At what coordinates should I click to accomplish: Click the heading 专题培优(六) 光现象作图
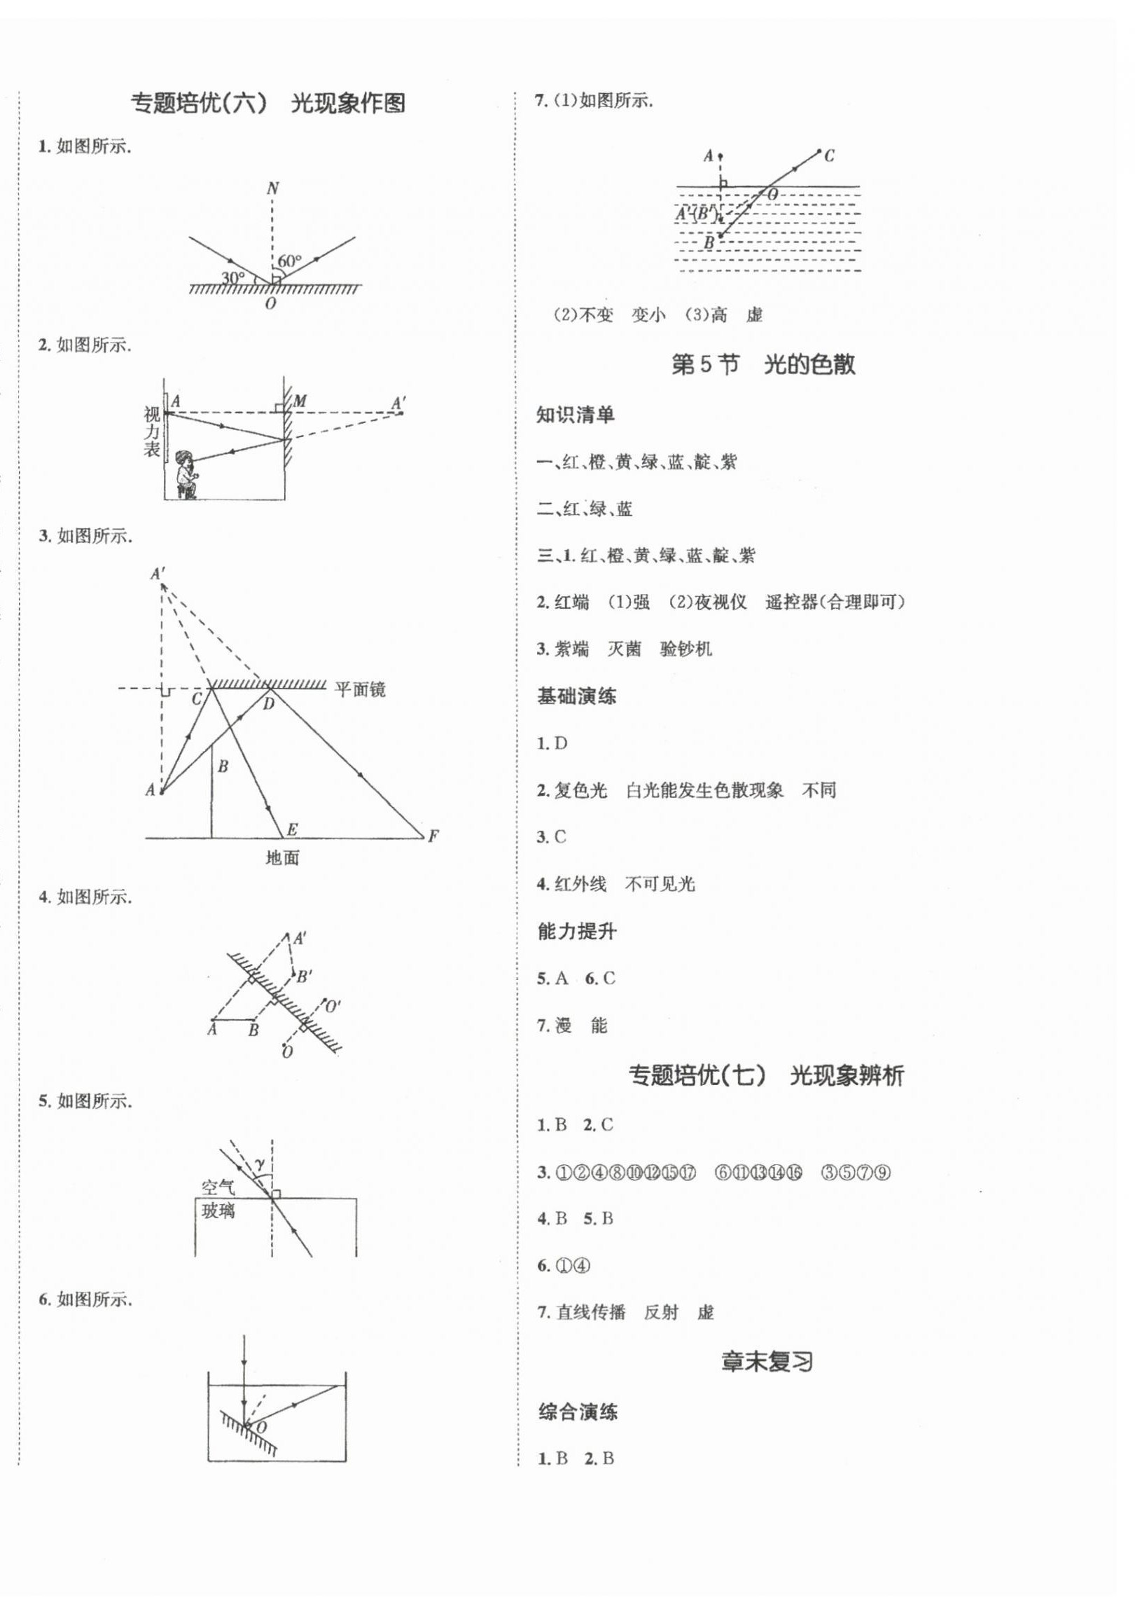click(267, 104)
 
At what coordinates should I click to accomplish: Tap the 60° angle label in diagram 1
click(289, 261)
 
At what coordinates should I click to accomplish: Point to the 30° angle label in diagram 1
click(233, 277)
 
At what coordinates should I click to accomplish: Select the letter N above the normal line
click(272, 188)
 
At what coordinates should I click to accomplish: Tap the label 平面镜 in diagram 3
click(359, 689)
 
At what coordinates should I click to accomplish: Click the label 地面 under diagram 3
click(282, 857)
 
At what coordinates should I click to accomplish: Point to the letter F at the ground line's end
click(433, 836)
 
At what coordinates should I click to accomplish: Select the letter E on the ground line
click(292, 829)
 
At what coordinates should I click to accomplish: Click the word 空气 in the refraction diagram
click(218, 1188)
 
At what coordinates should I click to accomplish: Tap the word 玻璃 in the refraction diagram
click(218, 1210)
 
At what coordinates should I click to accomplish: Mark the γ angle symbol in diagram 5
click(259, 1164)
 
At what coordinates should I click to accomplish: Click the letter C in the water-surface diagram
click(829, 156)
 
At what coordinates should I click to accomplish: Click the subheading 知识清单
click(576, 415)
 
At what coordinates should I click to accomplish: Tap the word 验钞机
click(686, 648)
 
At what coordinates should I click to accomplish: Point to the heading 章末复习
click(767, 1362)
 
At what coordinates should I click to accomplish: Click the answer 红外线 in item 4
click(580, 883)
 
